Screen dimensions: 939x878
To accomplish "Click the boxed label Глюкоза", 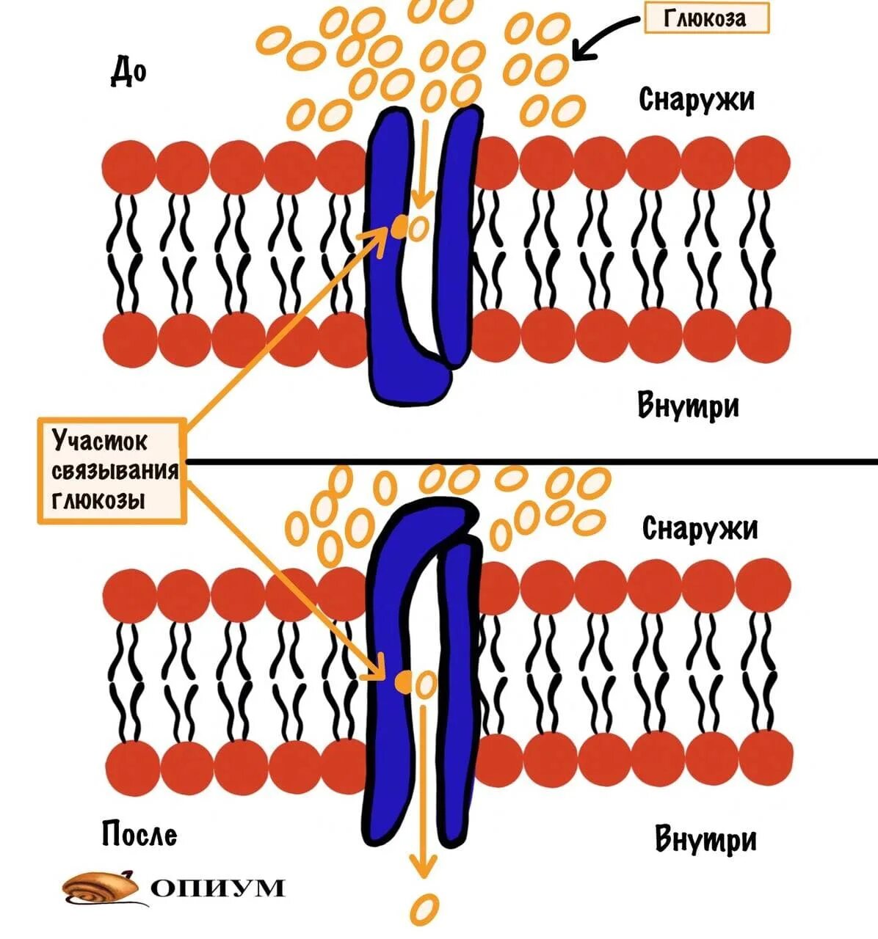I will (705, 18).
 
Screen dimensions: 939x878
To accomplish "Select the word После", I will (139, 834).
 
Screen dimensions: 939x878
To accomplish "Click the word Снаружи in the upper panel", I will (696, 99).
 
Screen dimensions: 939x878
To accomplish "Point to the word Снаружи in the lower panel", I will (699, 527).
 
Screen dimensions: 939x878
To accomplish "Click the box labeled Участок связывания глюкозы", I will (112, 470).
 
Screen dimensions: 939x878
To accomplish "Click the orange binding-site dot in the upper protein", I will (399, 226).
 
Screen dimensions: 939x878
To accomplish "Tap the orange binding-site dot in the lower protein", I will (403, 683).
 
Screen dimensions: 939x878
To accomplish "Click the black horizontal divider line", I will (529, 461).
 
